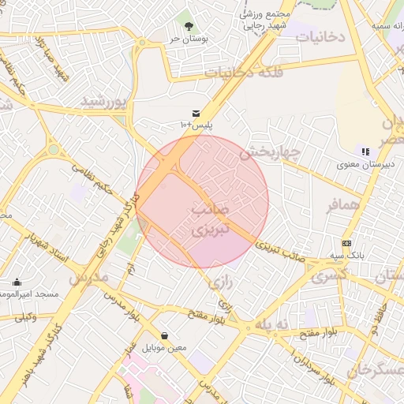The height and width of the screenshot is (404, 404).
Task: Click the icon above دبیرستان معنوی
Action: point(365,151)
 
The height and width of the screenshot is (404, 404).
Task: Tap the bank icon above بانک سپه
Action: point(347,243)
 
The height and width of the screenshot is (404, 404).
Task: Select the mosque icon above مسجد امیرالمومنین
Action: point(17,282)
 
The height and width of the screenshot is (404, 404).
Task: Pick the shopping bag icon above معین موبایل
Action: point(165,335)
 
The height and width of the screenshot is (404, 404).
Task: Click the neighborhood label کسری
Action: point(329,275)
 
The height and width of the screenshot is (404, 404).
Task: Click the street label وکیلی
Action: point(25,316)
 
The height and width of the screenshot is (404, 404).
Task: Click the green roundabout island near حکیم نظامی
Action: point(53,148)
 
